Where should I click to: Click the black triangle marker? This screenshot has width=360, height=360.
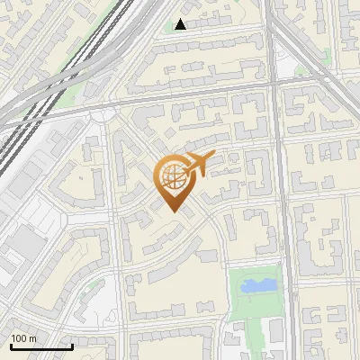coord(181,24)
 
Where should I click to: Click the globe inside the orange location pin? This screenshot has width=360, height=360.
coord(175,177)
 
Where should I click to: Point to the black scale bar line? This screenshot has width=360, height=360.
coord(40,346)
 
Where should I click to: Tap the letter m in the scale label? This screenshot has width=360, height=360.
coord(33,338)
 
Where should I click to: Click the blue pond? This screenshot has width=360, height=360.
coord(257,286)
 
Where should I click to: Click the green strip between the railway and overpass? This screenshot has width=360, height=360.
coord(72,90)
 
